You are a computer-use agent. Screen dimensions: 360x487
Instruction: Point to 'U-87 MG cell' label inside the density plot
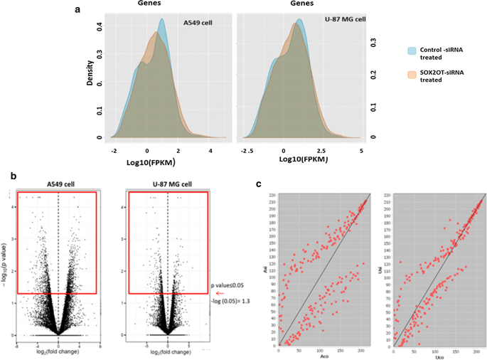point(327,23)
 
